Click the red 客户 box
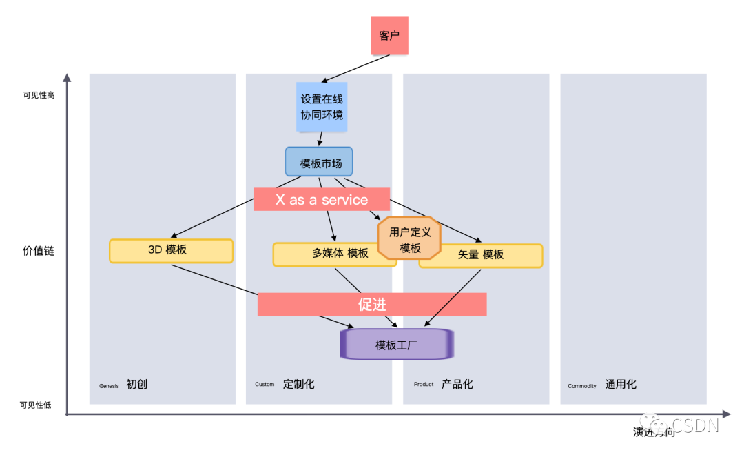click(x=389, y=36)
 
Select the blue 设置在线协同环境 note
click(x=322, y=107)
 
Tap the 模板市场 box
click(x=319, y=162)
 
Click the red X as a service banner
click(x=322, y=200)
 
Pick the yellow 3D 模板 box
click(x=171, y=250)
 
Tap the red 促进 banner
click(x=372, y=304)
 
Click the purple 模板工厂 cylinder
click(x=397, y=345)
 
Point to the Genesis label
click(x=109, y=386)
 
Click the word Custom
click(x=265, y=385)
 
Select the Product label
click(x=424, y=385)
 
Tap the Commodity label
click(x=582, y=386)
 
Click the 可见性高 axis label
click(x=39, y=95)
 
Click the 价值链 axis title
click(x=39, y=251)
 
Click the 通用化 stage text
click(x=621, y=385)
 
